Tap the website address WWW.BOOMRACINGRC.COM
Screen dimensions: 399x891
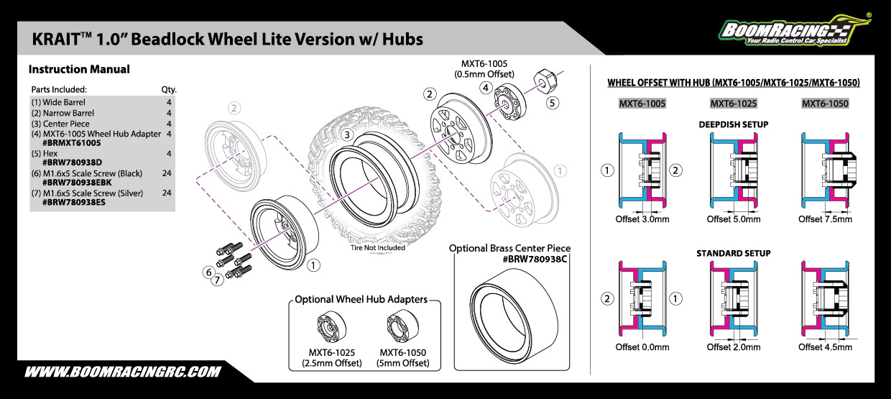(x=122, y=372)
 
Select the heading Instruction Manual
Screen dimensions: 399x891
(x=79, y=70)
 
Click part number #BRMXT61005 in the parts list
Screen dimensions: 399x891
(x=72, y=143)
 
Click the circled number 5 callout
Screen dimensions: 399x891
(x=552, y=103)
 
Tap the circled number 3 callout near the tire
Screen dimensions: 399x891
(x=347, y=134)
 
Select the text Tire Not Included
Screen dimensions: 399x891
(x=378, y=248)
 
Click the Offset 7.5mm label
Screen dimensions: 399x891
(x=825, y=219)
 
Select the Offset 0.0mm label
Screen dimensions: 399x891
(x=642, y=347)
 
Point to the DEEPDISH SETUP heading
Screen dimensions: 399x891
(x=733, y=124)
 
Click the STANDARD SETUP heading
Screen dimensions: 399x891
(x=733, y=254)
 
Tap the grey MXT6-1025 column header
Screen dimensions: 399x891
(x=734, y=104)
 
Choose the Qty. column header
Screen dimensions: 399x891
(x=169, y=90)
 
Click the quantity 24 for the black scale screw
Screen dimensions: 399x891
(x=167, y=173)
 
